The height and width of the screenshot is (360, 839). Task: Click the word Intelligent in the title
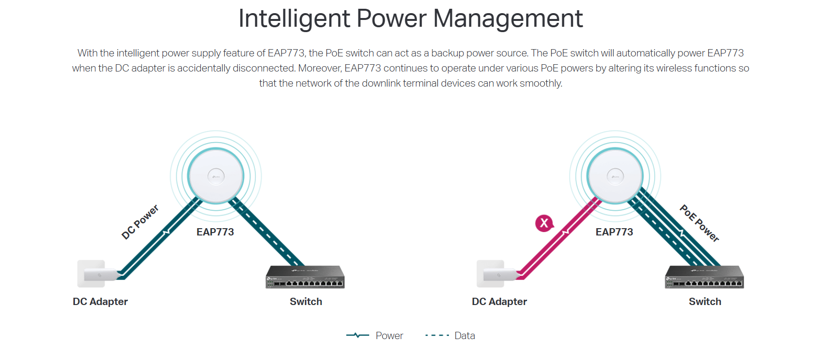click(x=294, y=18)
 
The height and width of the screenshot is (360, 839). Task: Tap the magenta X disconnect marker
click(x=544, y=223)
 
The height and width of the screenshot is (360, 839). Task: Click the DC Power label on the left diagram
click(x=140, y=222)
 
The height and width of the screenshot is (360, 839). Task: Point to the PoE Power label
click(x=699, y=223)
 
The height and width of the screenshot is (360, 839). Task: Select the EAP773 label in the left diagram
click(x=215, y=232)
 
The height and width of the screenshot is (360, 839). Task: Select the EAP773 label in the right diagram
click(x=614, y=232)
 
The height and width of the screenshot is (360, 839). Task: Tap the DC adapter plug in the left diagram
click(x=98, y=274)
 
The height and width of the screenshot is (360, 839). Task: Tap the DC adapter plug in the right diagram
click(x=497, y=274)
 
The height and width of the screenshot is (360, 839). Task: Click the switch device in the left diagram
click(x=305, y=277)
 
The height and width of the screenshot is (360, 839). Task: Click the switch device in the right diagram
click(x=704, y=277)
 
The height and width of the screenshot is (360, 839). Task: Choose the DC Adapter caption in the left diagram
click(x=100, y=302)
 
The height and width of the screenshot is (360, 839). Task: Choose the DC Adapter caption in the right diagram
click(x=500, y=302)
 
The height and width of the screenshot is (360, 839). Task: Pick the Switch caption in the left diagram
click(x=306, y=302)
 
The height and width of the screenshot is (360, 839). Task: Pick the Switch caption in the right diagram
click(x=705, y=302)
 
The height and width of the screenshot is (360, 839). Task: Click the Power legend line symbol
click(x=357, y=335)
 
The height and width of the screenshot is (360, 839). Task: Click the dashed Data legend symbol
click(x=437, y=335)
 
